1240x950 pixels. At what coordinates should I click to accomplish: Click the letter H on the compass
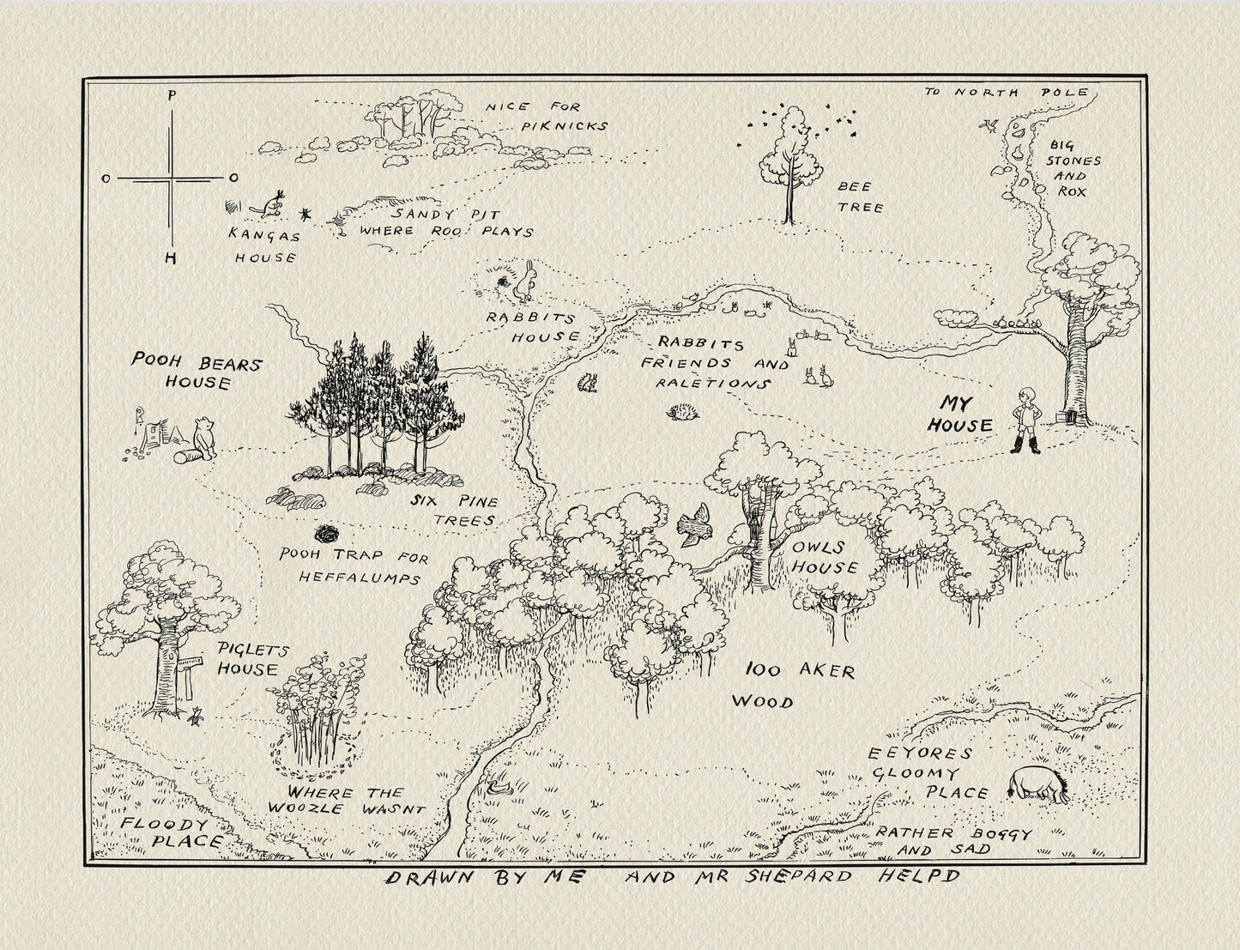point(172,257)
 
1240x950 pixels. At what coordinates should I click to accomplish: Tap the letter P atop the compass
point(172,95)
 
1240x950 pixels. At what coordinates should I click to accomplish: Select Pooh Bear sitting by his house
point(203,435)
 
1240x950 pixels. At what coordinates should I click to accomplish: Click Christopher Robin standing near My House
point(1025,420)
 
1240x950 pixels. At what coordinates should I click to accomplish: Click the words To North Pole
point(1007,92)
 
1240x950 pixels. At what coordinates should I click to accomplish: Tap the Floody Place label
point(172,833)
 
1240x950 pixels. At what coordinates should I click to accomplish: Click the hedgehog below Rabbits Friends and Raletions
point(683,413)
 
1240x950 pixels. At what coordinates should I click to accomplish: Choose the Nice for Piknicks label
point(550,117)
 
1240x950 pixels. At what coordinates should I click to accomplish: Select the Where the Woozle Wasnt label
point(345,801)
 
